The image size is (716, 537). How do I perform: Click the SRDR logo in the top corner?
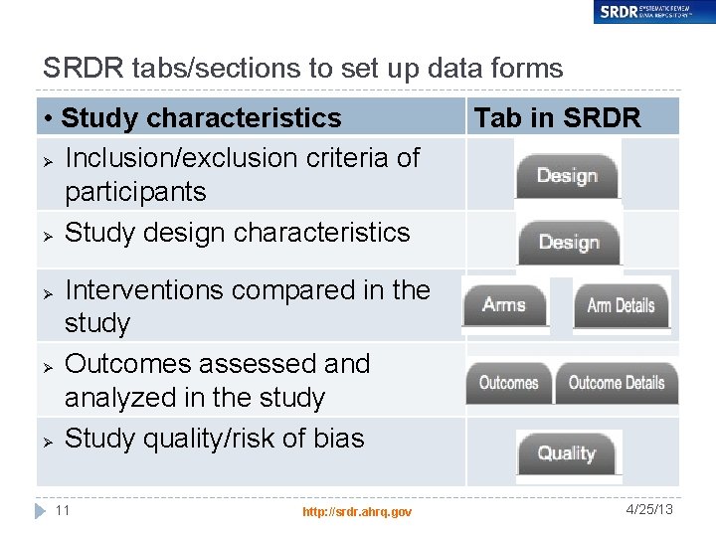(650, 12)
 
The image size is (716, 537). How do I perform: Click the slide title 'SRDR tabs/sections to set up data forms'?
(302, 68)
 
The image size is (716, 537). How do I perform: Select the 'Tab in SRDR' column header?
(557, 117)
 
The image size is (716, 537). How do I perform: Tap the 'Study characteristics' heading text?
(200, 117)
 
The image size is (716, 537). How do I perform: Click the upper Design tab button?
(567, 176)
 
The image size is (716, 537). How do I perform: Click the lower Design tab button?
(569, 243)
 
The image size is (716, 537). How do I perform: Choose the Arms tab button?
(504, 305)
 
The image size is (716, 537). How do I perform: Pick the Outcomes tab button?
(508, 383)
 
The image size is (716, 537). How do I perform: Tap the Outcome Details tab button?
(617, 383)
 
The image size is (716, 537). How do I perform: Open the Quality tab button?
(567, 453)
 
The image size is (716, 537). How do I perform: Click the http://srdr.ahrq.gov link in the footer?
(357, 511)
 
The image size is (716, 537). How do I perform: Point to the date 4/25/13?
(650, 509)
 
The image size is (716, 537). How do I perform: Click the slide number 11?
(62, 510)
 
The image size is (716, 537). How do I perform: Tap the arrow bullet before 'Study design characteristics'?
(46, 235)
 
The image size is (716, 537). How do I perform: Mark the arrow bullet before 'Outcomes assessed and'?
(46, 366)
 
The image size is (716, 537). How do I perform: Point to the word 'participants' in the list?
(135, 192)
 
